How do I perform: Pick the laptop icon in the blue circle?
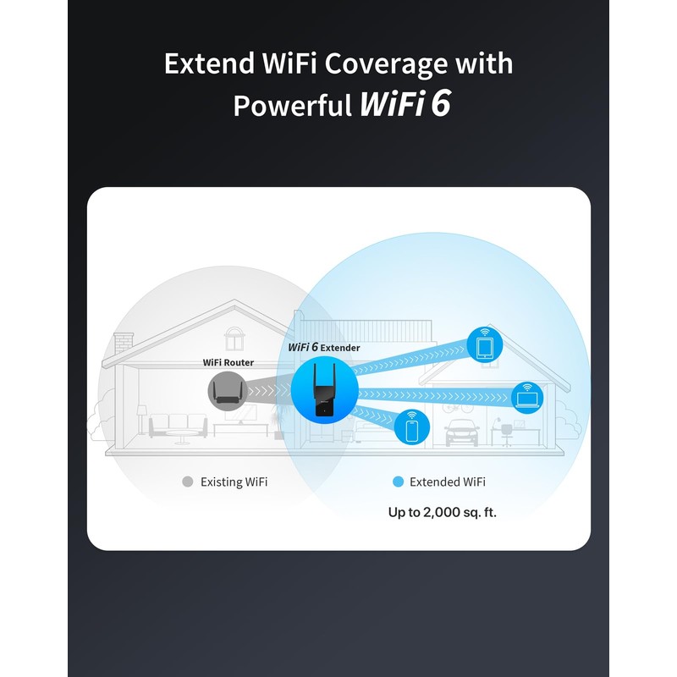point(528,395)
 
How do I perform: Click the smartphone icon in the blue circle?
point(412,428)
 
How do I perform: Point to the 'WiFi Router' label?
point(228,362)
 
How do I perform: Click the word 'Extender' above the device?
point(340,348)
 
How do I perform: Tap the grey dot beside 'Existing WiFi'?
point(188,482)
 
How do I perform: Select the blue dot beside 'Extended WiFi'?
point(398,482)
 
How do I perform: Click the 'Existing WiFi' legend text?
point(234,482)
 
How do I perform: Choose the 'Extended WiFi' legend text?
point(448,482)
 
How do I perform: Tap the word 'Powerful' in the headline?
point(293,106)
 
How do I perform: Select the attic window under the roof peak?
point(233,338)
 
